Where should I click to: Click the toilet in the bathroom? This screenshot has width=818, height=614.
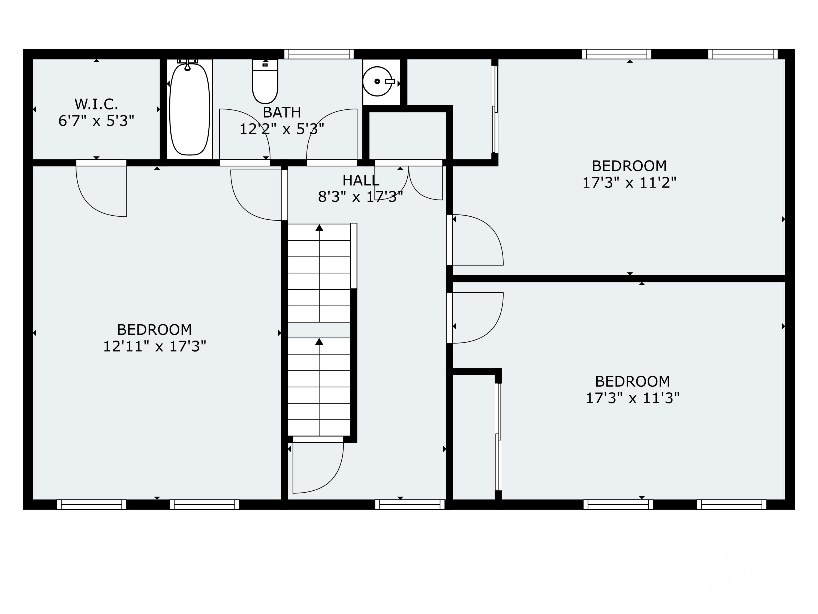click(x=265, y=81)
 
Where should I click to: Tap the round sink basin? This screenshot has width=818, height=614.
click(x=377, y=81)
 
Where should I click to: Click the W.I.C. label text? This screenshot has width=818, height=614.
click(x=96, y=104)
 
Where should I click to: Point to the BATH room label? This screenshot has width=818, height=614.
click(x=282, y=112)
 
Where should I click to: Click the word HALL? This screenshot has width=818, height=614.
click(x=360, y=181)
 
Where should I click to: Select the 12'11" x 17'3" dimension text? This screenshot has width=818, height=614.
click(x=155, y=346)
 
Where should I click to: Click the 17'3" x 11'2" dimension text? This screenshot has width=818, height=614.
click(x=629, y=183)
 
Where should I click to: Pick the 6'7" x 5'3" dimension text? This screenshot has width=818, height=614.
click(x=96, y=121)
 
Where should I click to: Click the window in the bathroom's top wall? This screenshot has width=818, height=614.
click(x=319, y=54)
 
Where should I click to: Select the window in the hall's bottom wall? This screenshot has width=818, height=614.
click(x=410, y=505)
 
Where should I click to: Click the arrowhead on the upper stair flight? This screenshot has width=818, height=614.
click(x=319, y=228)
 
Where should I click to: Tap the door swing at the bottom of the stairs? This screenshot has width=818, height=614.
click(x=318, y=467)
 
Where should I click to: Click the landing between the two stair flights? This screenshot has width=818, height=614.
click(x=319, y=330)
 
